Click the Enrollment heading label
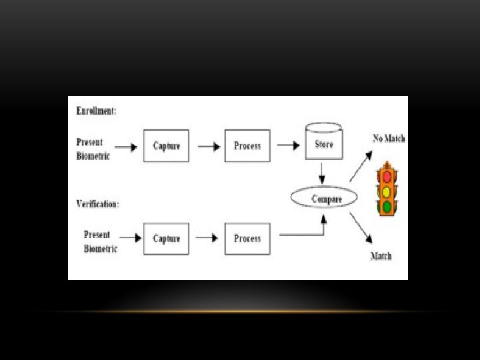[x=97, y=111]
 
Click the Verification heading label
[x=98, y=204]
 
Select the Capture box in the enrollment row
[x=166, y=146]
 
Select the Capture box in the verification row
[x=166, y=239]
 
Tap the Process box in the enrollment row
[x=247, y=146]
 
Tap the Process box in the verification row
[x=247, y=239]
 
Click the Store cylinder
[x=324, y=142]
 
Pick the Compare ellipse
[x=325, y=199]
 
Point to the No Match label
[x=389, y=139]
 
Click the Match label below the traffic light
[x=381, y=256]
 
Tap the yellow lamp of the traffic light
[x=387, y=192]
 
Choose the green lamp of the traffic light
[x=387, y=207]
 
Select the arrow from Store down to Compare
[x=323, y=175]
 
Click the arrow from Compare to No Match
[x=360, y=166]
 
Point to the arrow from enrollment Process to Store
[x=288, y=146]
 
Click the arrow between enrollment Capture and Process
[x=208, y=146]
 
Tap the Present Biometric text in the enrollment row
[x=93, y=149]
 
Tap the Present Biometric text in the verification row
[x=101, y=241]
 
